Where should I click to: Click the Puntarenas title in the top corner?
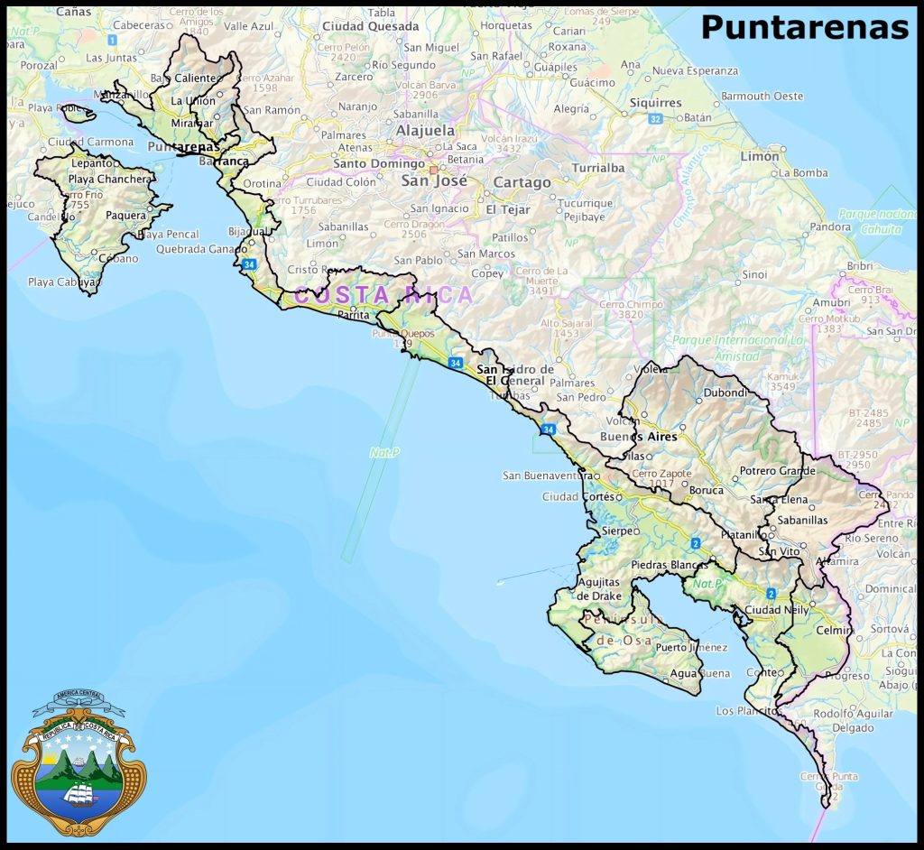[804, 28]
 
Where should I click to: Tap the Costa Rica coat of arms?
[79, 762]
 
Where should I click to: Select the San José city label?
[435, 180]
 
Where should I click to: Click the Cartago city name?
[522, 182]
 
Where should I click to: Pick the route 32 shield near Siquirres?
[655, 118]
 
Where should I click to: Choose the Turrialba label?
[597, 168]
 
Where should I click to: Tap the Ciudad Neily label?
[776, 610]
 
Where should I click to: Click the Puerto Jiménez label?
[691, 647]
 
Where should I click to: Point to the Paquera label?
[125, 216]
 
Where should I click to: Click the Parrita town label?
[353, 316]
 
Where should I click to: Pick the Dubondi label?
[725, 393]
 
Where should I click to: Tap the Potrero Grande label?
[777, 471]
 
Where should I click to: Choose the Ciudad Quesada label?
[370, 27]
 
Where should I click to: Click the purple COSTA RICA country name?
[383, 295]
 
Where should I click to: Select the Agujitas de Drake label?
[599, 589]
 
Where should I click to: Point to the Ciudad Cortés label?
[577, 497]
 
